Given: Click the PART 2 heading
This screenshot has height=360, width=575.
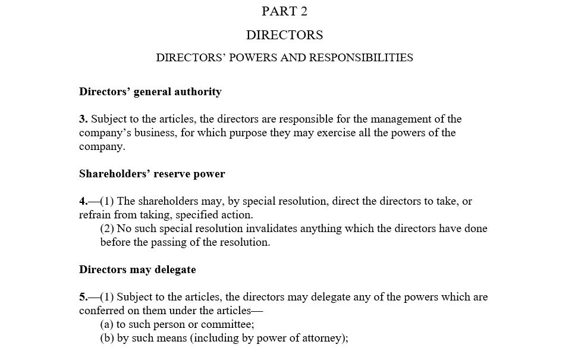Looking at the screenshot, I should tap(284, 11).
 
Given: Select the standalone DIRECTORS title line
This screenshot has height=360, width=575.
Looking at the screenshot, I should tap(284, 35).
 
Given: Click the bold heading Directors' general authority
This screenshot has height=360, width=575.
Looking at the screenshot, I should tap(150, 92).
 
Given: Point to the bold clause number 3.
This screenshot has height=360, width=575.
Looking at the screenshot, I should tap(83, 119).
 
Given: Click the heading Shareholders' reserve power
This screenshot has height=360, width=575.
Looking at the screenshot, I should tap(152, 174).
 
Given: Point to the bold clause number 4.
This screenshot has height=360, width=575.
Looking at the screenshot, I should tap(83, 201).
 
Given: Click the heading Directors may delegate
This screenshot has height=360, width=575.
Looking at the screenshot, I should tap(137, 270).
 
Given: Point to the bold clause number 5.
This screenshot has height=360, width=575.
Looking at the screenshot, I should tap(83, 297).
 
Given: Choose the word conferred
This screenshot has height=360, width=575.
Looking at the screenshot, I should tap(102, 311).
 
